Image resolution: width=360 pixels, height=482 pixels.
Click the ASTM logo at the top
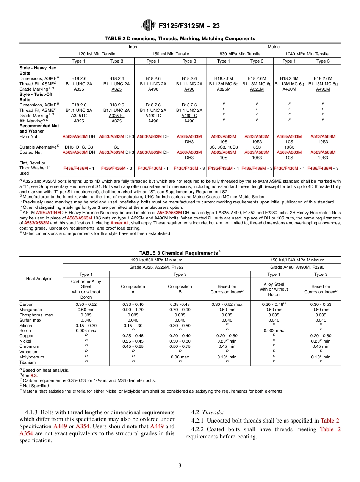(x=149, y=26)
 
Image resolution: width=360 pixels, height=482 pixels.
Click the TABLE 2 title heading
(x=180, y=39)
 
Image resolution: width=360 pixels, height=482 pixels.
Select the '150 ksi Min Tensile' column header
(x=171, y=54)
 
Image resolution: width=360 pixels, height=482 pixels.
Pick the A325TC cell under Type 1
(x=79, y=116)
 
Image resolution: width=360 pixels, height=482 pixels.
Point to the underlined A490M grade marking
(x=323, y=89)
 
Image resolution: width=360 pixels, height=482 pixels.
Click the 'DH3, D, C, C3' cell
(x=79, y=147)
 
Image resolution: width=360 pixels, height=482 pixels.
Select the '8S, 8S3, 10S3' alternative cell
(x=224, y=147)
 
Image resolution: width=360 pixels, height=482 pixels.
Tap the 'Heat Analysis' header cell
(x=39, y=279)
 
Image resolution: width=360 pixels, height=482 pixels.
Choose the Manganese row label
(x=29, y=310)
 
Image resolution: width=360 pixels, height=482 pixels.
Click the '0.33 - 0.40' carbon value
(x=133, y=304)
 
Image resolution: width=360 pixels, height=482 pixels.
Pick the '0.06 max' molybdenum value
(x=180, y=357)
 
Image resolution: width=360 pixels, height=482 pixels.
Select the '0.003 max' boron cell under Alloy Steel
(x=274, y=330)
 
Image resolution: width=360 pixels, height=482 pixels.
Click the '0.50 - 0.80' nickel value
(x=180, y=341)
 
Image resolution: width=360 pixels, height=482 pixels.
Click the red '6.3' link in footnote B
(x=34, y=376)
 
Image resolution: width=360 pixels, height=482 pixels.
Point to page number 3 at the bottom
(x=180, y=465)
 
